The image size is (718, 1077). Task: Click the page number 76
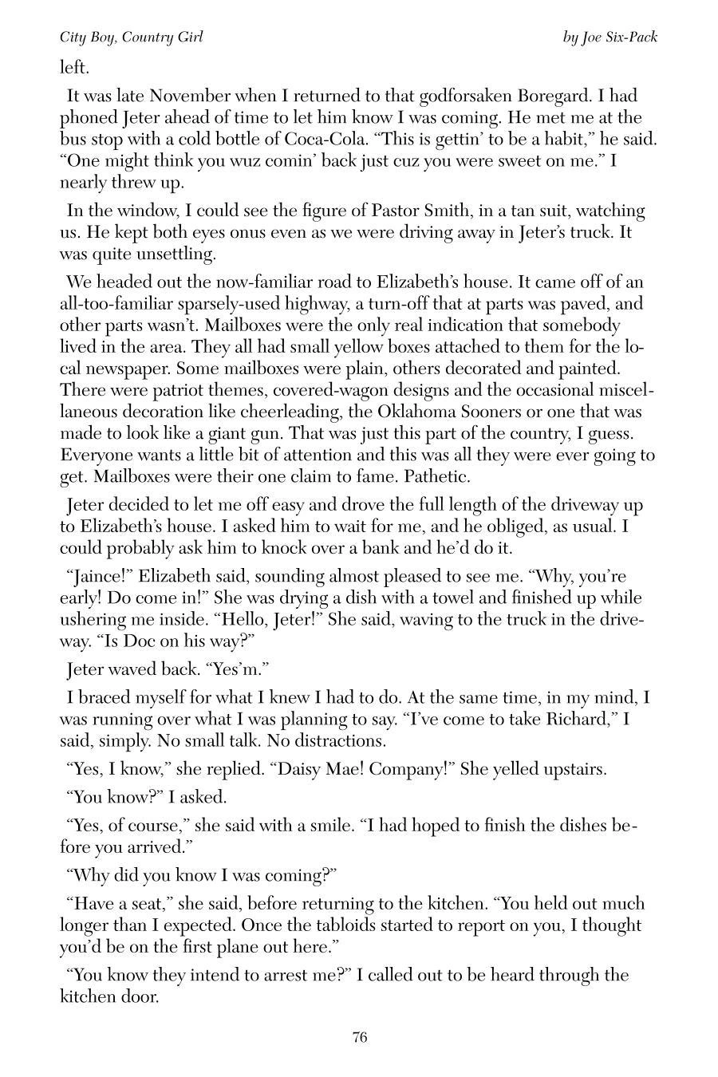[359, 1038]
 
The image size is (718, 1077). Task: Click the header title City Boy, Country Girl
[132, 37]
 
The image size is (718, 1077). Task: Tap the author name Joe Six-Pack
[620, 37]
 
